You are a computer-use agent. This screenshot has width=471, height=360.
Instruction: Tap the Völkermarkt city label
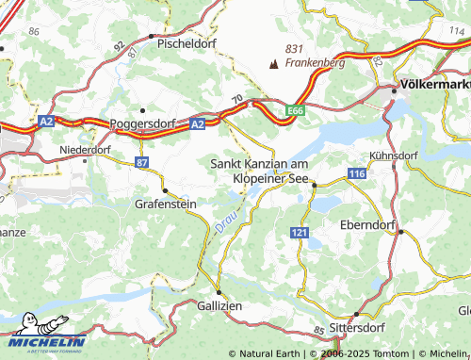(x=434, y=83)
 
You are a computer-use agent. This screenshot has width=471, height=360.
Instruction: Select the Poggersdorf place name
(x=144, y=123)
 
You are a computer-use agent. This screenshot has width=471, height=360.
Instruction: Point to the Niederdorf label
(x=86, y=149)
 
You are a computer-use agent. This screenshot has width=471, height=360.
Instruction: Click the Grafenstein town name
(x=167, y=203)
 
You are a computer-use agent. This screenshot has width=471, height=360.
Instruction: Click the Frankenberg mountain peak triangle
(x=275, y=64)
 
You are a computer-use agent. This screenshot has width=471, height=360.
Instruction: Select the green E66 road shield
(x=296, y=110)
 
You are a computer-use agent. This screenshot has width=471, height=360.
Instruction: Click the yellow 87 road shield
(x=141, y=163)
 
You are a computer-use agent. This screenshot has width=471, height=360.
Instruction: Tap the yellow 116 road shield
(x=356, y=175)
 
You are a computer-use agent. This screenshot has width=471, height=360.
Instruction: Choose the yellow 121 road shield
(x=299, y=232)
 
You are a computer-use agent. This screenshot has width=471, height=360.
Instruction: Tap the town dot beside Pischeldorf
(x=152, y=36)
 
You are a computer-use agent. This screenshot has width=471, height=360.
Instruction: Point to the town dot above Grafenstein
(x=165, y=190)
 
